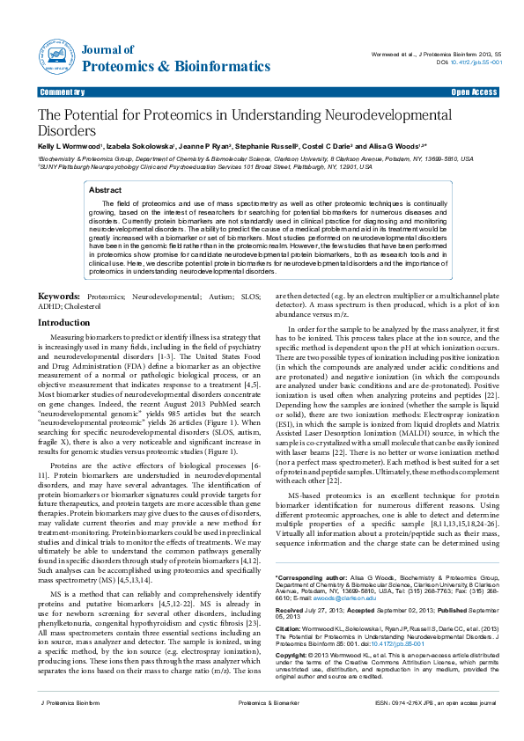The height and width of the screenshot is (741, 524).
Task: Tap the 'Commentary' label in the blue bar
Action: [62, 92]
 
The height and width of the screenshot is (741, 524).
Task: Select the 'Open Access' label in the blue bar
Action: [474, 92]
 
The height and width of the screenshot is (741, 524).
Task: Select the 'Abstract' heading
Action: [106, 189]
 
